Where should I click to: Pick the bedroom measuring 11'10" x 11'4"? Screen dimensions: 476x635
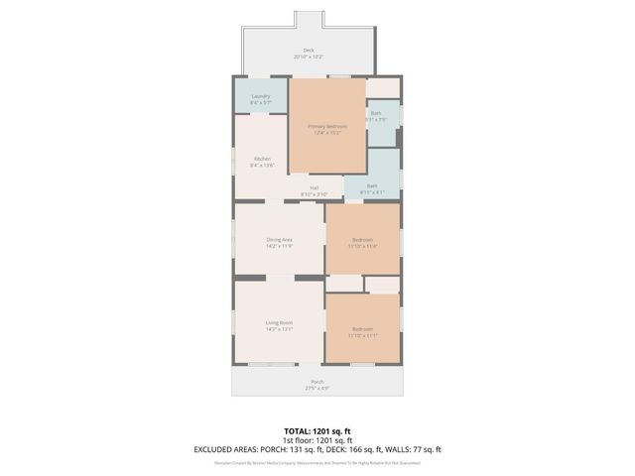coord(362,243)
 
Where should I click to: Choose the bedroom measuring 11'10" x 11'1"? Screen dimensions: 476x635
coord(362,331)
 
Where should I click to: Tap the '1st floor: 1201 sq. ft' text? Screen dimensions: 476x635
coord(317,440)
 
